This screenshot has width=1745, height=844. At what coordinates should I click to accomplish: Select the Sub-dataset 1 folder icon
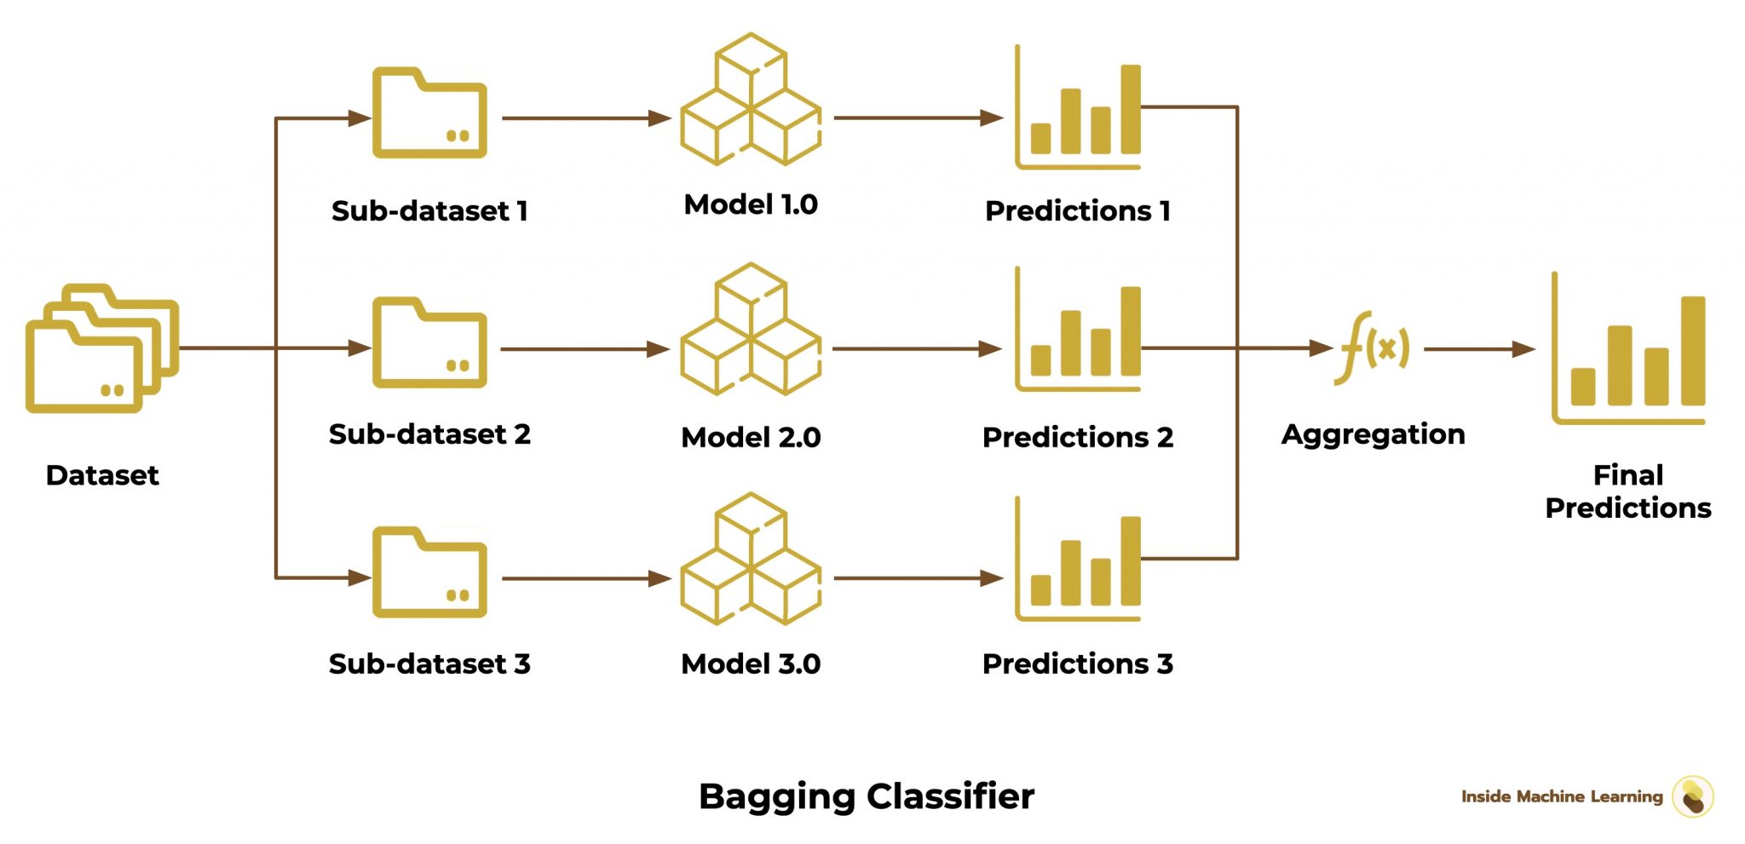click(429, 115)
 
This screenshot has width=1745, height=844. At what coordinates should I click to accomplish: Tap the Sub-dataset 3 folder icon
click(429, 573)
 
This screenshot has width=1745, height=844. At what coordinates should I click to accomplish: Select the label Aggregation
click(1373, 434)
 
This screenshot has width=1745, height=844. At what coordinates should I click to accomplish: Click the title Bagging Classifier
click(866, 796)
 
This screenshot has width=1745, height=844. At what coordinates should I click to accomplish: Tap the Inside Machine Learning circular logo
click(1692, 796)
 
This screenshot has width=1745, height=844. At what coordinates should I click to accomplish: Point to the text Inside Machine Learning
click(1561, 796)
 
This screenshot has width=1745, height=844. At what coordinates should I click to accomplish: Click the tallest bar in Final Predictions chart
click(1692, 351)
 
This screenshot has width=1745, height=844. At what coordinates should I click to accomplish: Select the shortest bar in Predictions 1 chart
click(1040, 138)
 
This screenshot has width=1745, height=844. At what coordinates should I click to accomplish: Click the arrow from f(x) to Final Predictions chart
click(1478, 349)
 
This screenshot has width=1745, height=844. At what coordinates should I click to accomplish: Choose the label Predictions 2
click(1077, 438)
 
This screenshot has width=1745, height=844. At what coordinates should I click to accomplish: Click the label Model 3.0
click(750, 664)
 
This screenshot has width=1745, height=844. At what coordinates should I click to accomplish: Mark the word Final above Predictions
click(1627, 474)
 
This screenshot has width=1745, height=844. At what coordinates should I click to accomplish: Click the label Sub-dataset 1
click(429, 210)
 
